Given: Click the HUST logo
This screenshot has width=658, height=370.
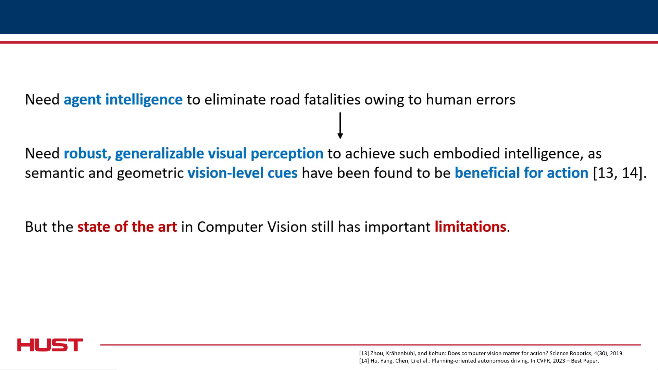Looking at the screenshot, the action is click(x=50, y=345).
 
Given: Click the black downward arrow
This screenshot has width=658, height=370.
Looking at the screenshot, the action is click(x=340, y=126).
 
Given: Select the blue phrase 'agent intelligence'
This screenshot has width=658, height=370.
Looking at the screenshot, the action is click(x=123, y=100).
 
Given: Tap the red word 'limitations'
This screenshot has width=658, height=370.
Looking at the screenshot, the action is click(x=470, y=227).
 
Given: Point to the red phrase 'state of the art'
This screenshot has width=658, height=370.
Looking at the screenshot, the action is click(x=127, y=227).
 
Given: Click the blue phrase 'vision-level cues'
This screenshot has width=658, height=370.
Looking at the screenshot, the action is click(x=243, y=173).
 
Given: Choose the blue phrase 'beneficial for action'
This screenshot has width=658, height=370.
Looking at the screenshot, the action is click(x=521, y=173).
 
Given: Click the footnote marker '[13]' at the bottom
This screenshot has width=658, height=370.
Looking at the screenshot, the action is click(x=364, y=353).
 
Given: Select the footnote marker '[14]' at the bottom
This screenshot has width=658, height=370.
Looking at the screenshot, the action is click(x=364, y=361).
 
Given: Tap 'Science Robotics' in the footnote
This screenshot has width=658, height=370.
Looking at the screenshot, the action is click(x=570, y=353).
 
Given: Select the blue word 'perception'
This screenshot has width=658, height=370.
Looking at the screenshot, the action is click(x=287, y=154).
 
